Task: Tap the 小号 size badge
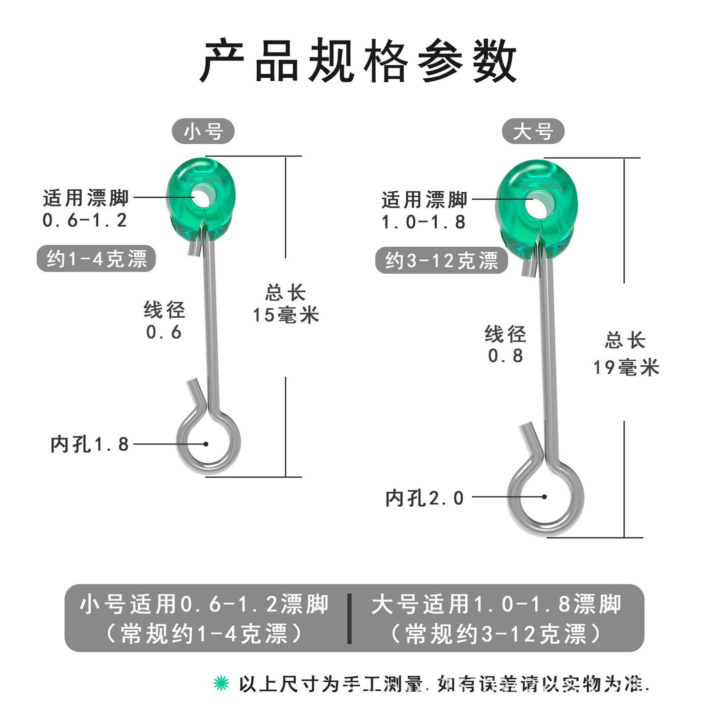(203, 132)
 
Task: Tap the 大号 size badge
(533, 132)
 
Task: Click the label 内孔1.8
(90, 444)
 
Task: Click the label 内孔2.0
(425, 497)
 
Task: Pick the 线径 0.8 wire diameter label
(505, 344)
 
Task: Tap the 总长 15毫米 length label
(286, 304)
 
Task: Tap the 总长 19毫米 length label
(626, 354)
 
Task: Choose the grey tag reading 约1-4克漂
(97, 259)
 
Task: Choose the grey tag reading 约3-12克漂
(441, 261)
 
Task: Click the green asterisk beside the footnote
(221, 683)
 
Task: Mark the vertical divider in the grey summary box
(350, 618)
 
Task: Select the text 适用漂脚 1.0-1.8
(424, 211)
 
